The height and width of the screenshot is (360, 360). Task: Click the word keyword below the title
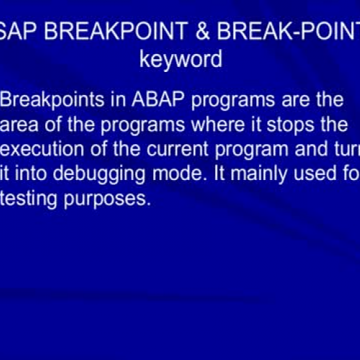(181, 58)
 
